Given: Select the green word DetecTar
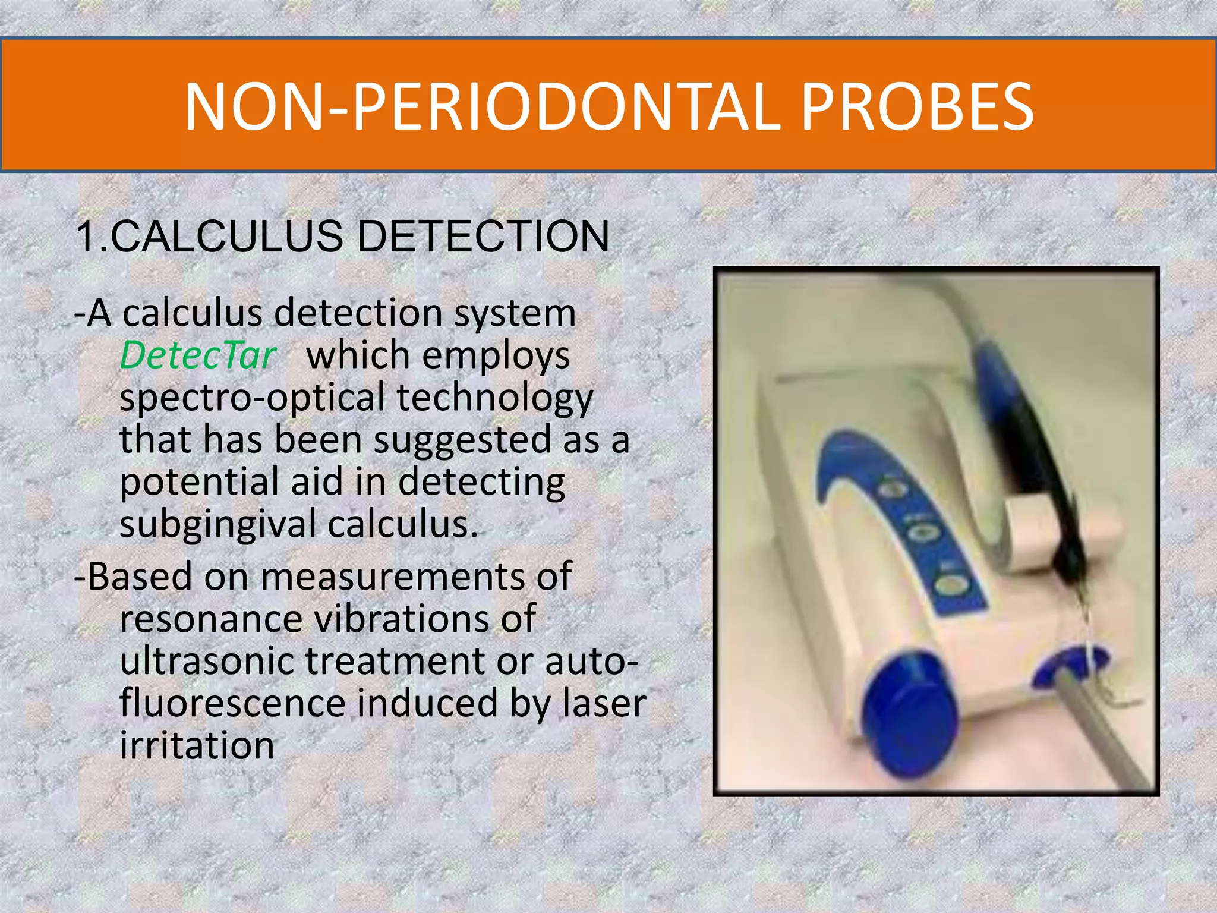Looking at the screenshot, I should [x=198, y=355].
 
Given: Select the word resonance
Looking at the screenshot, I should [x=211, y=619].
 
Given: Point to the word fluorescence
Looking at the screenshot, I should [x=232, y=703].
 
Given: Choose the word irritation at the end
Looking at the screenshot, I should [x=197, y=745].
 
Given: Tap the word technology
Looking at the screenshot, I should [x=494, y=398].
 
